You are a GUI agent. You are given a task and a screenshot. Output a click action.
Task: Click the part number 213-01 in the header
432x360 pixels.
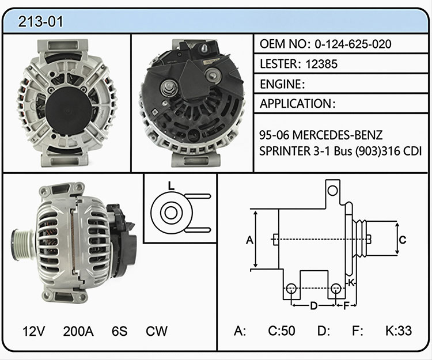pos(40,21)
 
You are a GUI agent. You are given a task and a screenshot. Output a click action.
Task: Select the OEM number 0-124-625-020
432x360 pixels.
pos(353,44)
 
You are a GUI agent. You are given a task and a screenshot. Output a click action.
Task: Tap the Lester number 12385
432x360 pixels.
pos(321,64)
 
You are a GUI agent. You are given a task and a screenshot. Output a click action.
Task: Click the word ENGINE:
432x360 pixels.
pos(282,84)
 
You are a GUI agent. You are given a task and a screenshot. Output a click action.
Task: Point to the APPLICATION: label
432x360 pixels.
pos(298,104)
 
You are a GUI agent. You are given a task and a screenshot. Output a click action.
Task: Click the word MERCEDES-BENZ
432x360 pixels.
pos(337,135)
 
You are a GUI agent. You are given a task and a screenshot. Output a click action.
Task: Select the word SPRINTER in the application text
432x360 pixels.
pos(285,151)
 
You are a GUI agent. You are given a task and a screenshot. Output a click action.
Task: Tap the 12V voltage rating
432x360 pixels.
pos(33,331)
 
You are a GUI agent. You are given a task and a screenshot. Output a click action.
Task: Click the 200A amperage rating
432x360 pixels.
pos(78,331)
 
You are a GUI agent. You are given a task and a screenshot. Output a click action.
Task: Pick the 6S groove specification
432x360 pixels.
pos(120,331)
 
